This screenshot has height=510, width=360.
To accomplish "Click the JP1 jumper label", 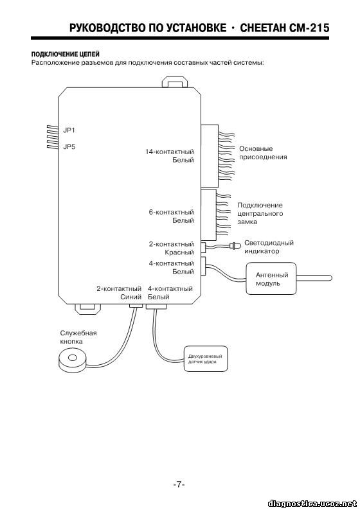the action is [69, 130].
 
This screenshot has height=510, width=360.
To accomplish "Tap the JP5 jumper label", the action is [69, 146].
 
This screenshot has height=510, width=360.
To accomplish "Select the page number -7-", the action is [179, 484].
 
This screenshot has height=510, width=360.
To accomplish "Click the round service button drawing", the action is [73, 360].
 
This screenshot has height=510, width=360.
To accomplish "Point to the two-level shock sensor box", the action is [205, 359].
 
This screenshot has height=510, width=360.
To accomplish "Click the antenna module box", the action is [271, 279].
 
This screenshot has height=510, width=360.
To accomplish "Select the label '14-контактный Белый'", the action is [170, 156].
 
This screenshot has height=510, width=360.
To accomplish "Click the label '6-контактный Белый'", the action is [172, 216].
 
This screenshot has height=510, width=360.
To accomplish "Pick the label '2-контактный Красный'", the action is [172, 248].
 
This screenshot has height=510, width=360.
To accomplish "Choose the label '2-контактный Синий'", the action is [119, 293].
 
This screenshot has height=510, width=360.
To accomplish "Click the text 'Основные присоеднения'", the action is [263, 153].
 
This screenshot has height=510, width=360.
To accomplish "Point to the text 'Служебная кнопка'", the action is [78, 337].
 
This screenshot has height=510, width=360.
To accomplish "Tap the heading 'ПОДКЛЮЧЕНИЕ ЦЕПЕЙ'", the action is [66, 54].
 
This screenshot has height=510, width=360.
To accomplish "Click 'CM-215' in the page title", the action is [309, 28].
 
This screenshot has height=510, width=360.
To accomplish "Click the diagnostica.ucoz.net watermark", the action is [312, 503].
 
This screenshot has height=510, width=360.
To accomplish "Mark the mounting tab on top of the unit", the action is [175, 82].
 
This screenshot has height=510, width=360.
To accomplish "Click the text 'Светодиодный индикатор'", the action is [269, 247].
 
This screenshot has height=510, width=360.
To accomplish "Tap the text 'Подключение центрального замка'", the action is [260, 213].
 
